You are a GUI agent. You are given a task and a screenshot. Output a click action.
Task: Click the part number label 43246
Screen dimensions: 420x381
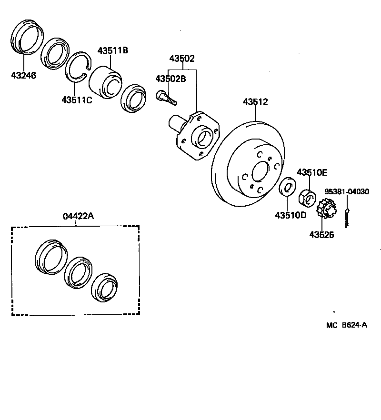pyautogui.click(x=23, y=75)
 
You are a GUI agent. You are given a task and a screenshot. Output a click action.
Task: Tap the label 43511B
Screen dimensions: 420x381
pyautogui.click(x=113, y=50)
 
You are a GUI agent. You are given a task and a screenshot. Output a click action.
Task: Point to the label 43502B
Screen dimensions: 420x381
pyautogui.click(x=170, y=79)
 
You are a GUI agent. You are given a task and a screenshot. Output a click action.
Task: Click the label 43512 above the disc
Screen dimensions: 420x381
pyautogui.click(x=255, y=101)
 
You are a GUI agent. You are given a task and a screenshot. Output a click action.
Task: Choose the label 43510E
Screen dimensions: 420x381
pyautogui.click(x=312, y=172)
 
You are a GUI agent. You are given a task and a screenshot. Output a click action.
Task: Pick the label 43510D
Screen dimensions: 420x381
pyautogui.click(x=291, y=215)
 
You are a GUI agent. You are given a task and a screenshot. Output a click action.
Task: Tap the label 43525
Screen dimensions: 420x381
pyautogui.click(x=321, y=234)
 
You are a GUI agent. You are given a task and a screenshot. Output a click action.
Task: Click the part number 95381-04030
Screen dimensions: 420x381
pyautogui.click(x=347, y=191)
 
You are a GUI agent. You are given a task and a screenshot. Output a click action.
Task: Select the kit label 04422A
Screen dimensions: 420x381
pyautogui.click(x=78, y=216)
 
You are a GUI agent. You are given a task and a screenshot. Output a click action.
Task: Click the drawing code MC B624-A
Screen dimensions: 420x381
pyautogui.click(x=347, y=325)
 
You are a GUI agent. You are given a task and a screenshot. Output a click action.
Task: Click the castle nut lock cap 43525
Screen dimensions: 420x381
pyautogui.click(x=324, y=209)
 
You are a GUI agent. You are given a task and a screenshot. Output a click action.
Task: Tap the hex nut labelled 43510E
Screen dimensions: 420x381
pyautogui.click(x=307, y=196)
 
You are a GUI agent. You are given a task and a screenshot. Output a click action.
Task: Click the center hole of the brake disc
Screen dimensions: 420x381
pyautogui.click(x=260, y=171)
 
